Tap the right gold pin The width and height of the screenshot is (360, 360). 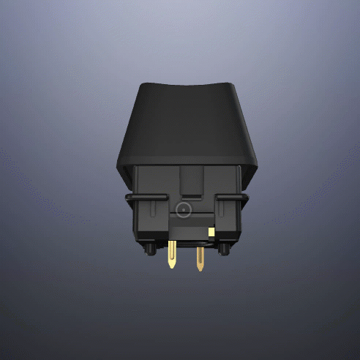point(199,257)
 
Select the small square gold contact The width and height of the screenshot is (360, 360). point(211,232)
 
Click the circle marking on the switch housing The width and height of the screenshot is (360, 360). point(184,211)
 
